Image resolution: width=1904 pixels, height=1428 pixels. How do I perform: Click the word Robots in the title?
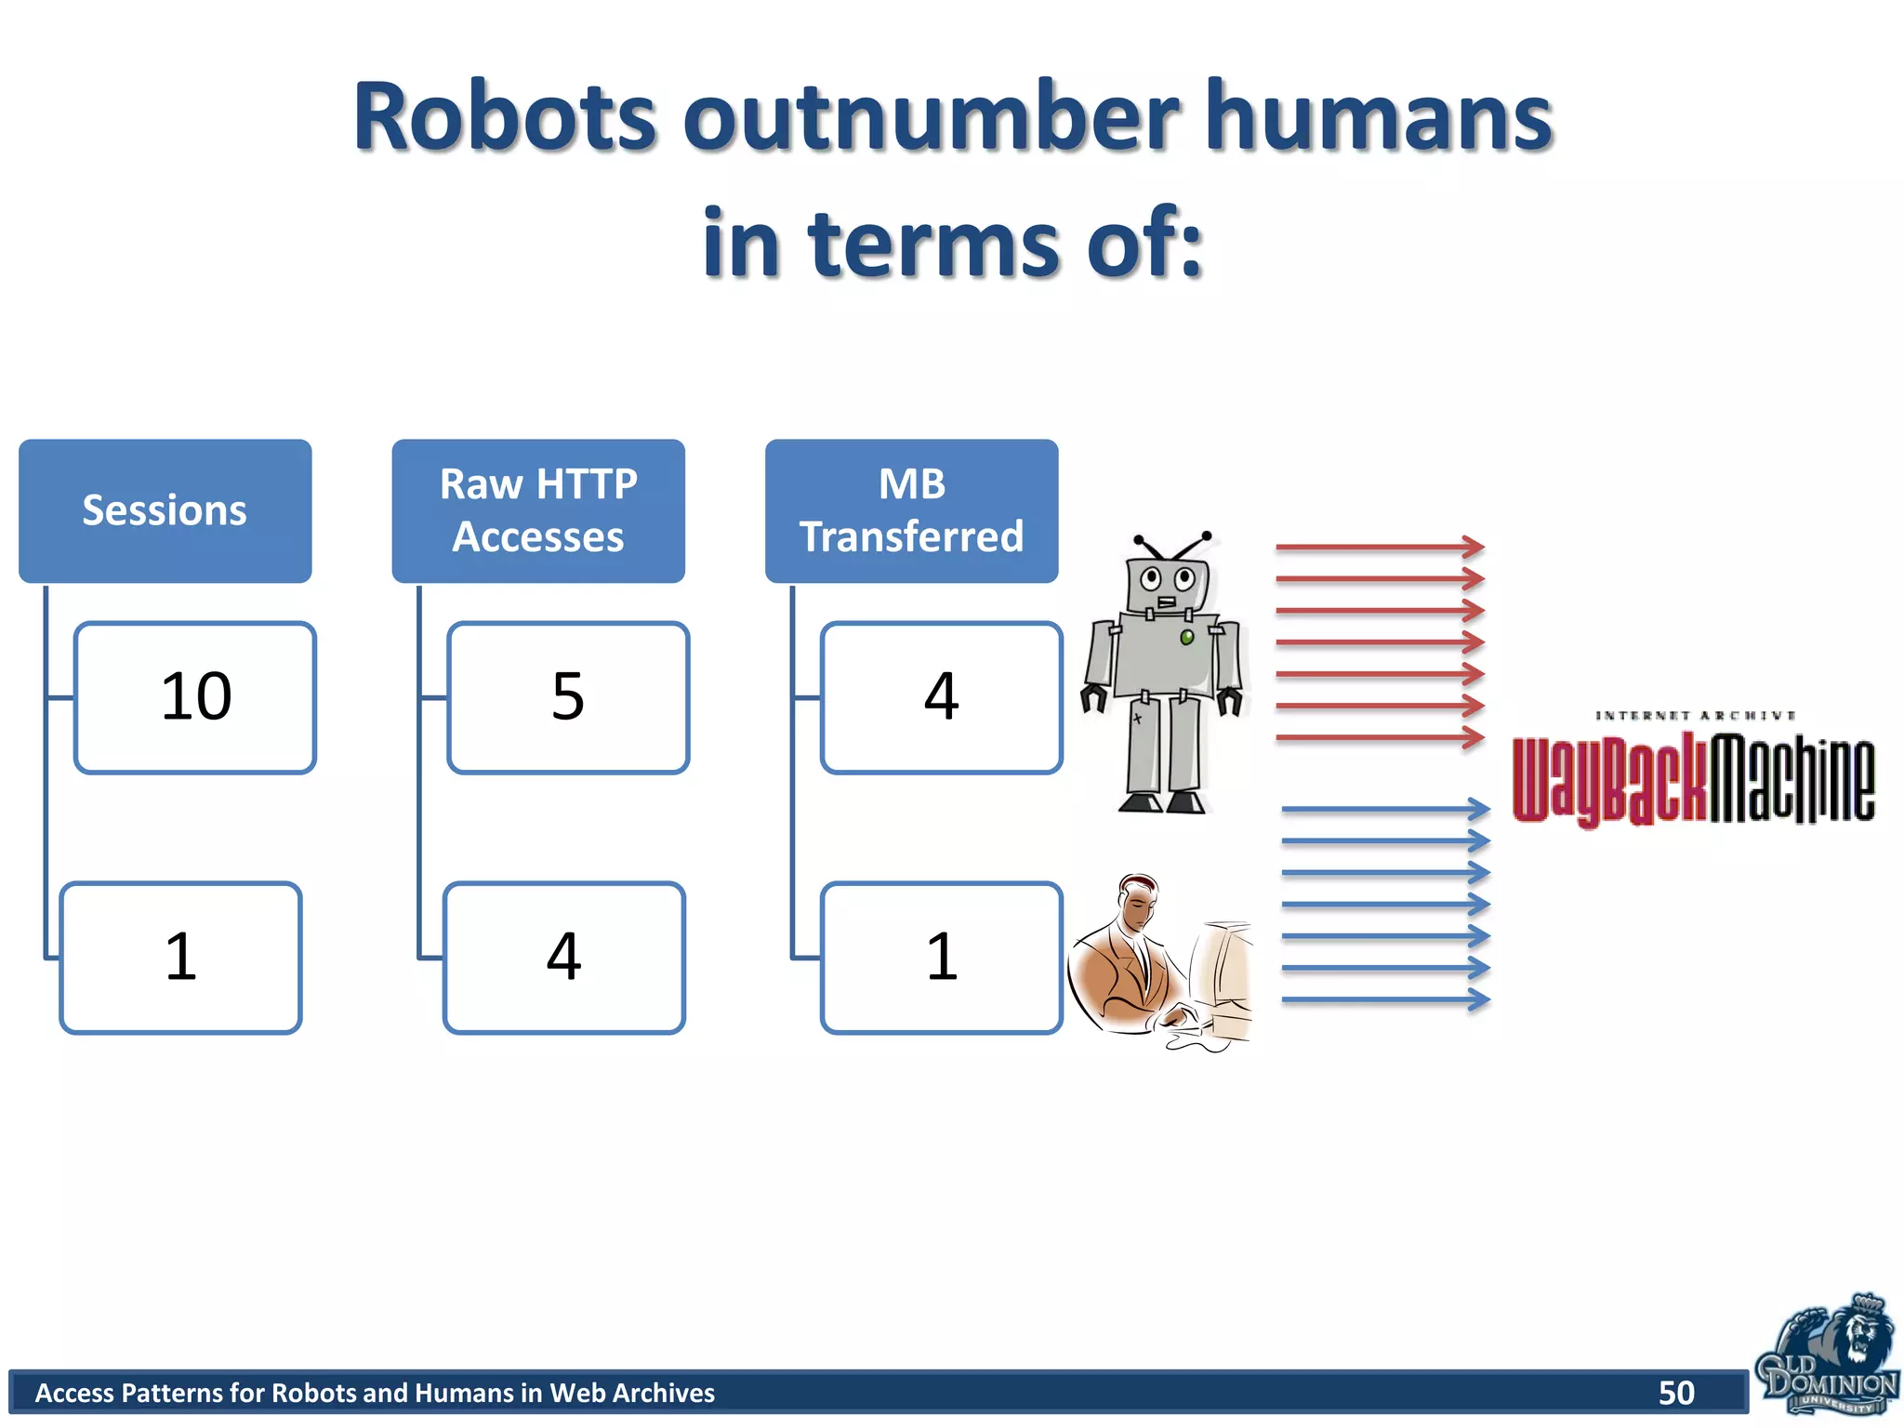point(505,118)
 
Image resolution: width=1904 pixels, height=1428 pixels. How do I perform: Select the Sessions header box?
point(165,510)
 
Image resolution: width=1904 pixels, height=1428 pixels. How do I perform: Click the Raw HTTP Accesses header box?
point(538,510)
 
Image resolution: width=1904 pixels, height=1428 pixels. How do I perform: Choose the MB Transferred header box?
point(911,510)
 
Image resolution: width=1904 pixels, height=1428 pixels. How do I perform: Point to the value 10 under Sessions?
point(195,697)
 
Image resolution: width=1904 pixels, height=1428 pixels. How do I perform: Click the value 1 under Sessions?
point(181,958)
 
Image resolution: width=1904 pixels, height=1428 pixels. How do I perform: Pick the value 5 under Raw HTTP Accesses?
point(568,697)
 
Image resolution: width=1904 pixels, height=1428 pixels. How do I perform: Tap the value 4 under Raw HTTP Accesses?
point(564,958)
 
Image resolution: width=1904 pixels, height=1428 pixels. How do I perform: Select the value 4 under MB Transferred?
point(941,697)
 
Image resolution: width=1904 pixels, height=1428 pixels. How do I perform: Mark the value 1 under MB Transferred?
point(941,958)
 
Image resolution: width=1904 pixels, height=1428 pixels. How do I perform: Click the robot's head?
point(1166,581)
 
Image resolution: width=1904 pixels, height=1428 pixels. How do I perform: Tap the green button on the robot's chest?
point(1187,638)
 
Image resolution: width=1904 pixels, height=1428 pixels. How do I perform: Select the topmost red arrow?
point(1380,548)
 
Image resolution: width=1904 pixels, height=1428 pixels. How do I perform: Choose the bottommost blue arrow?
point(1385,1000)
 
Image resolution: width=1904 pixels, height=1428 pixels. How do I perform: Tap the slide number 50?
point(1676,1393)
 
